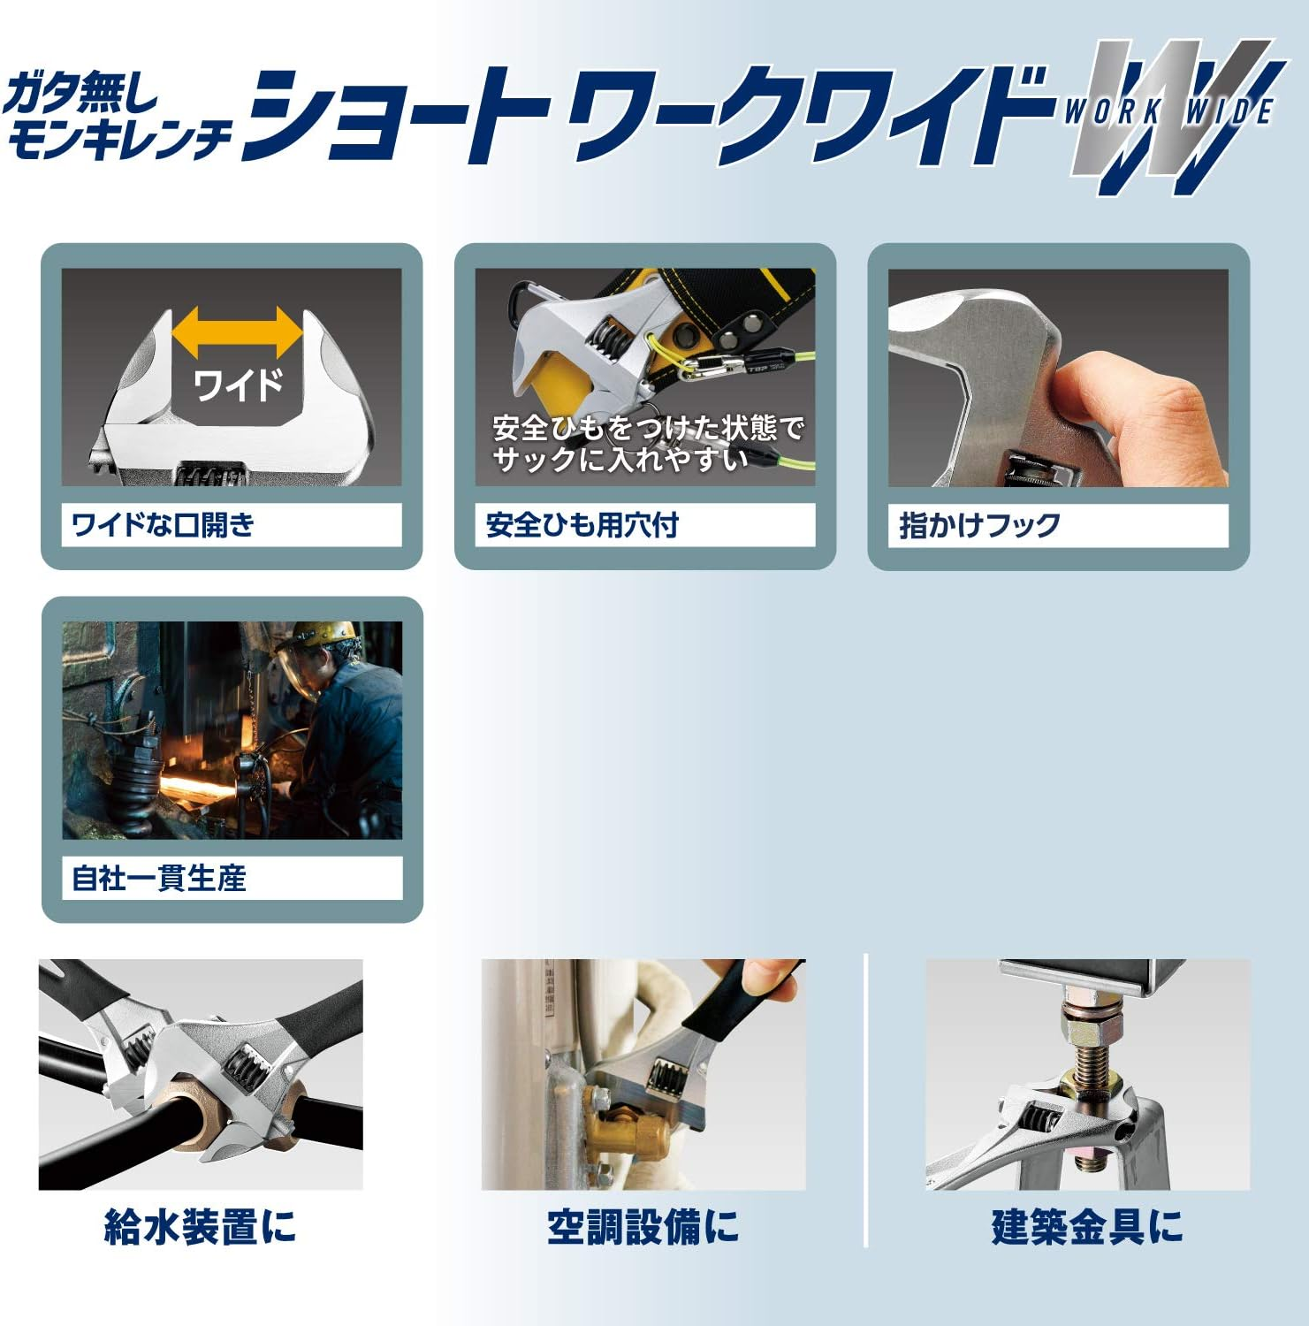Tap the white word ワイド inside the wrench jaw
pyautogui.click(x=238, y=385)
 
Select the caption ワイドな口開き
pyautogui.click(x=164, y=525)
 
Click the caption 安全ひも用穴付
pyautogui.click(x=582, y=525)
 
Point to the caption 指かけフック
pyautogui.click(x=979, y=525)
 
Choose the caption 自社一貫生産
pyautogui.click(x=159, y=878)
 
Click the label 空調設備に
pyautogui.click(x=643, y=1227)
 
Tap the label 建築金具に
pyautogui.click(x=1086, y=1227)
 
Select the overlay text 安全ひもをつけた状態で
pyautogui.click(x=648, y=428)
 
